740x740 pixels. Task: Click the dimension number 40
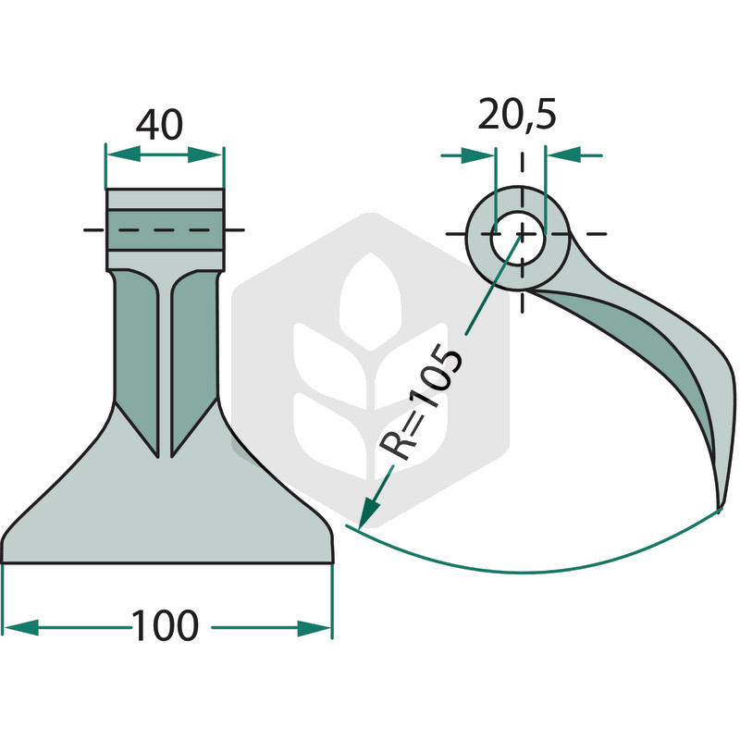(159, 125)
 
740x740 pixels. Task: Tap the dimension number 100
(166, 625)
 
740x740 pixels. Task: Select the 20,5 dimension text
(517, 115)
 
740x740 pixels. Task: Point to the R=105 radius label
(421, 401)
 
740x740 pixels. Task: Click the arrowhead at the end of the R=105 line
(369, 515)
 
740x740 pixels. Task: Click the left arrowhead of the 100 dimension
(20, 628)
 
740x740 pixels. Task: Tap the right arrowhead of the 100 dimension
(314, 628)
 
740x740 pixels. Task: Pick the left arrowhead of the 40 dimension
(124, 154)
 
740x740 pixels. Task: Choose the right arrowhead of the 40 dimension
(204, 154)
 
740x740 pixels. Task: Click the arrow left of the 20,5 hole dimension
(477, 155)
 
